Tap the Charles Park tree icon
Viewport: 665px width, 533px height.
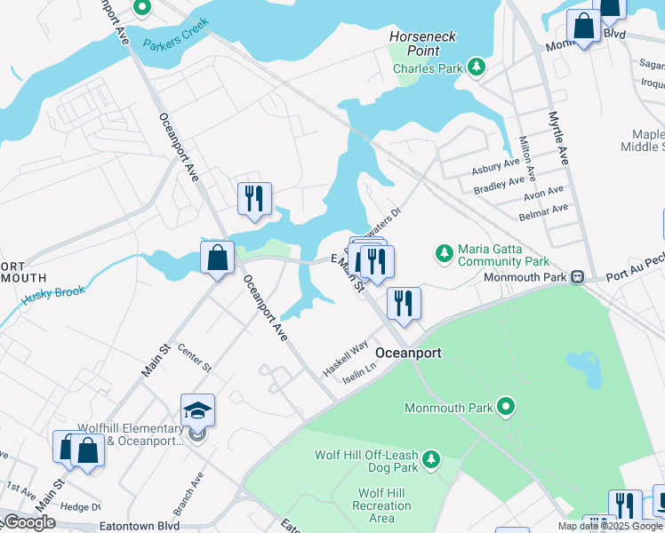477,67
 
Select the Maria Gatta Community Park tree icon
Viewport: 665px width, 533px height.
444,255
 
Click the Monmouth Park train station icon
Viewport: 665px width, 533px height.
577,276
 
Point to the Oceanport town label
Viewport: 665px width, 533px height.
408,353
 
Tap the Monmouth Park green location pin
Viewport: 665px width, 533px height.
506,408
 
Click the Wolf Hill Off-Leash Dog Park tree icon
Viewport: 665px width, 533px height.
430,459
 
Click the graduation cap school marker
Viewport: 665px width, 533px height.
197,410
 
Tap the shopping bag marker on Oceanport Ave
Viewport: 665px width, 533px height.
217,259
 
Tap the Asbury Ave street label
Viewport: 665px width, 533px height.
496,166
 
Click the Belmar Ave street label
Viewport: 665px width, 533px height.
547,209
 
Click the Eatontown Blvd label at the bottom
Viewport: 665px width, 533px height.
134,526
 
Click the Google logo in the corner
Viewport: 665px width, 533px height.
29,522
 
